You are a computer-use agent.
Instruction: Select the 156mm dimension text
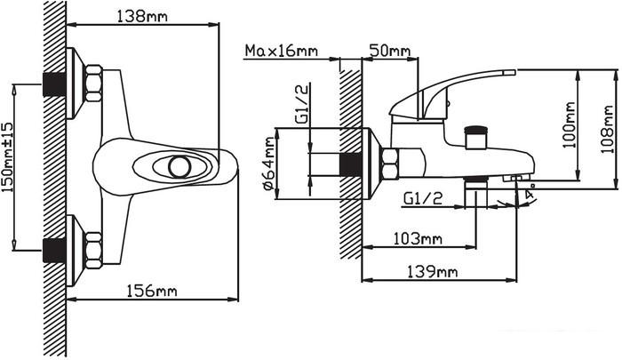click(151, 291)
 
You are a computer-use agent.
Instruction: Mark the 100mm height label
click(569, 124)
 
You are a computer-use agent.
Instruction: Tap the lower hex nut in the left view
click(93, 248)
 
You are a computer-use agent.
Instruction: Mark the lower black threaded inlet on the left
click(56, 248)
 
